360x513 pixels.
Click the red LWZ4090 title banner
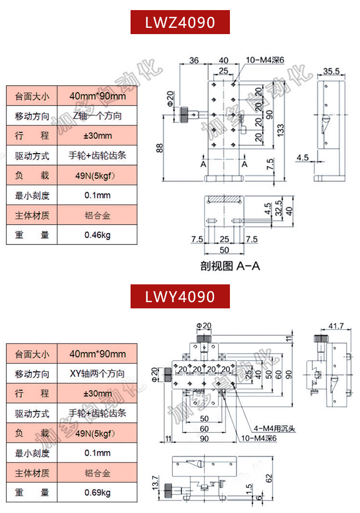180,22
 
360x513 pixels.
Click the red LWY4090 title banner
180,296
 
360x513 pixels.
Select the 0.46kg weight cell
97,234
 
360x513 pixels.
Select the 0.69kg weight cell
97,492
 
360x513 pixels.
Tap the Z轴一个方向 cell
97,115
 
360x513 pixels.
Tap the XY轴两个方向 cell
97,373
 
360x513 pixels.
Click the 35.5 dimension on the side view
331,71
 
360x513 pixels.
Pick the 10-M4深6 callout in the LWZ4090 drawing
265,60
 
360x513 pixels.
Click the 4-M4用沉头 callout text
275,428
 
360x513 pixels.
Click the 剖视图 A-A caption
230,266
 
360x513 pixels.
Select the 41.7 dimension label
336,326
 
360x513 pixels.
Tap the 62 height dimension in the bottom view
269,478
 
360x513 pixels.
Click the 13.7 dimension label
155,483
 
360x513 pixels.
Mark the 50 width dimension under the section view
224,250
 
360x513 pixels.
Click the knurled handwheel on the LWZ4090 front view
183,114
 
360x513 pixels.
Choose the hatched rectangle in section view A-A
224,199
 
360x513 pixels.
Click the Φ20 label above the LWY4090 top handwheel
204,326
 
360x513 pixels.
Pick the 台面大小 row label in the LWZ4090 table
32,96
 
